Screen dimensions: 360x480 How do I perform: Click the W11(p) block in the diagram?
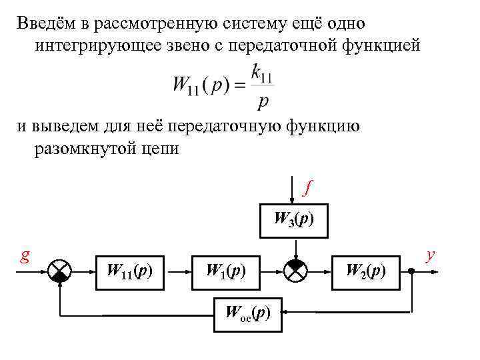(x=130, y=272)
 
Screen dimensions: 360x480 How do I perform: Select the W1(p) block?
(x=225, y=272)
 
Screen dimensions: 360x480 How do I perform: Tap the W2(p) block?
(x=365, y=272)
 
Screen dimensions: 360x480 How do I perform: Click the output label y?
(x=431, y=255)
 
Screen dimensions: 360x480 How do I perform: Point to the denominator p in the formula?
(x=262, y=101)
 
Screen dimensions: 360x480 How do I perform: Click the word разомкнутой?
(x=83, y=149)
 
